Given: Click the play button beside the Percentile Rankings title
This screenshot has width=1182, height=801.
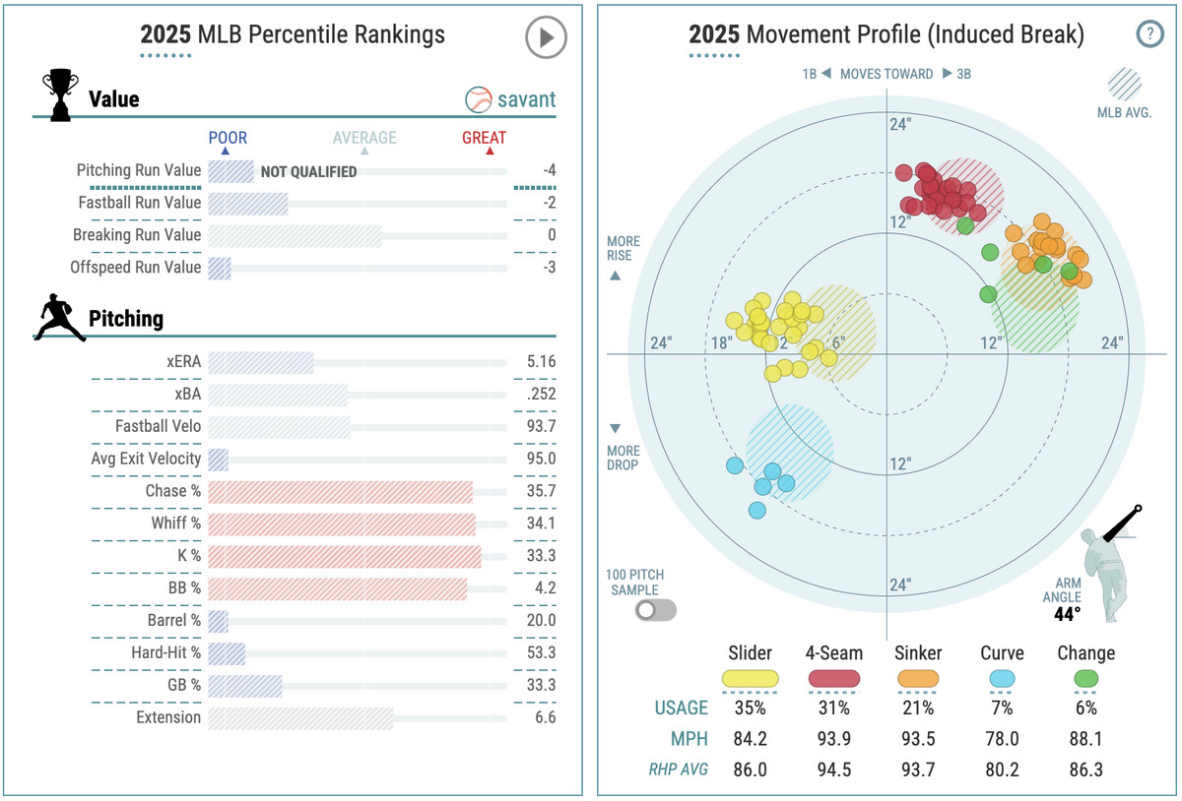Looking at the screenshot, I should (546, 38).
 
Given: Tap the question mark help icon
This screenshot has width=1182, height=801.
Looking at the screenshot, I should (1149, 34).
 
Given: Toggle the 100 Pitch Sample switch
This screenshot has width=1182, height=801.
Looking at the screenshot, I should (656, 610).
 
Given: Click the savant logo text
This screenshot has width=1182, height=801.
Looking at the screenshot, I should (510, 99).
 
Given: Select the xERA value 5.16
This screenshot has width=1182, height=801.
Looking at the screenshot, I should (541, 361).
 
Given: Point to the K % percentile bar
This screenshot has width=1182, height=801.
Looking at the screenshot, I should (345, 556).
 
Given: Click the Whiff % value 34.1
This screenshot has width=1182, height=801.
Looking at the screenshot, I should (541, 524).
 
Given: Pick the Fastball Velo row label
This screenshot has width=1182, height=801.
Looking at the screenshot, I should (158, 426).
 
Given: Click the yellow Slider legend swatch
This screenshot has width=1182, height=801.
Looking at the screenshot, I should (750, 678).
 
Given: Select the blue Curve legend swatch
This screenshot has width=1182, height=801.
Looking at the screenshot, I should (1002, 678).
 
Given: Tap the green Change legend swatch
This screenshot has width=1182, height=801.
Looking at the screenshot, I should (1085, 678).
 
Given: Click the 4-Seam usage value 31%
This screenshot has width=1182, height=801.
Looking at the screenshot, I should (834, 708).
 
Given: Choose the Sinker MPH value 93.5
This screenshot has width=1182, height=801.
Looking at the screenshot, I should (918, 739).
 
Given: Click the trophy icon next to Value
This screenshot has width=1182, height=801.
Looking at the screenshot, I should (59, 95).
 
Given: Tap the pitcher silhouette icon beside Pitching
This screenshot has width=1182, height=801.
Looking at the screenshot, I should (59, 317).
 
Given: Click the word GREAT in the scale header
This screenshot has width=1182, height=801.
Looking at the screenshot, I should (484, 138).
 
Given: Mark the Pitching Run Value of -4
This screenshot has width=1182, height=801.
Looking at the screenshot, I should (550, 170).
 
